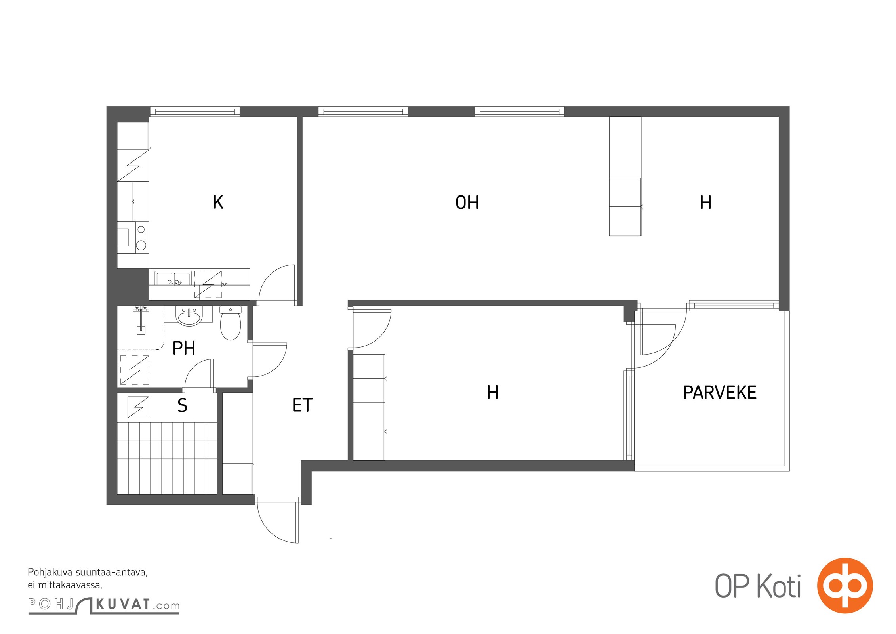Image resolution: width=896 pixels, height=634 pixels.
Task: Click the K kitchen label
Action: [218, 202]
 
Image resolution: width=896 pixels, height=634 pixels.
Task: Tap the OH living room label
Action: [467, 202]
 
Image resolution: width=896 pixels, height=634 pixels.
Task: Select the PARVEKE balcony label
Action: [720, 392]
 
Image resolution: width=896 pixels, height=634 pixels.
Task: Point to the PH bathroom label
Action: [184, 348]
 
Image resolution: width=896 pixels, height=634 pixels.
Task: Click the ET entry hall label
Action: [302, 405]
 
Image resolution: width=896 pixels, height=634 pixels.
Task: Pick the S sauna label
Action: [182, 405]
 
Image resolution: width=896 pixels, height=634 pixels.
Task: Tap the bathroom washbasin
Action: [189, 316]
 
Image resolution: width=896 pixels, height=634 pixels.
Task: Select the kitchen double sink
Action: [173, 278]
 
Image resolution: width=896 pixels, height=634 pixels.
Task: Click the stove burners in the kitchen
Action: [141, 237]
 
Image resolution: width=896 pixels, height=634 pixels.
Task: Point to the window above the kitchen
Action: [195, 112]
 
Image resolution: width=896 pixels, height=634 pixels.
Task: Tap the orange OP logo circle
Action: [845, 585]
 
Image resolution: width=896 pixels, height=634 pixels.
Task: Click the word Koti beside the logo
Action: [779, 586]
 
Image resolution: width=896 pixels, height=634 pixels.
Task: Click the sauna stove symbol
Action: [138, 407]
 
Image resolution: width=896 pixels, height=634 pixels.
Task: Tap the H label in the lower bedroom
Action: [492, 392]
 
